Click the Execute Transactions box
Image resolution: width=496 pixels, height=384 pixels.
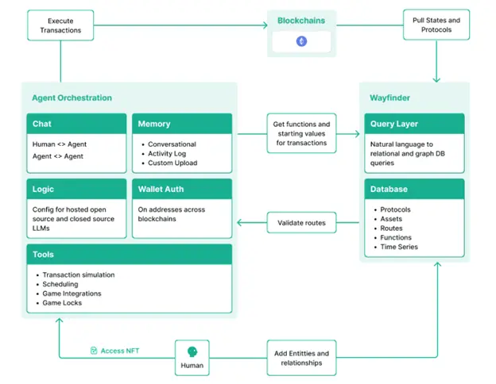click(x=60, y=25)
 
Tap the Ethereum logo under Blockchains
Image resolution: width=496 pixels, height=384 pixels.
click(x=301, y=41)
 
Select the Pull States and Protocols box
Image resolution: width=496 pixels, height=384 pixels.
click(x=436, y=25)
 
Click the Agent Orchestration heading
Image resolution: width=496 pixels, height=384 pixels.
click(x=72, y=98)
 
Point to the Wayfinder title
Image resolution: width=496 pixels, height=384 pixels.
click(x=389, y=98)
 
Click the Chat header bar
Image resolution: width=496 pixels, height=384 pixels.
click(x=76, y=124)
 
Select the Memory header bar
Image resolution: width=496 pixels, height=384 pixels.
click(x=182, y=124)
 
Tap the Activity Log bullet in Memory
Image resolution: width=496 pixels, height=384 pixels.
click(x=167, y=153)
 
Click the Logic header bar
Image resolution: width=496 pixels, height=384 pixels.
click(x=76, y=189)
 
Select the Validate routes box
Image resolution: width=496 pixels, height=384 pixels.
click(x=301, y=223)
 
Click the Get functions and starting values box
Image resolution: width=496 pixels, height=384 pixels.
click(x=301, y=133)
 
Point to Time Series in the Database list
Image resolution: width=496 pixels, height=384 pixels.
click(x=399, y=247)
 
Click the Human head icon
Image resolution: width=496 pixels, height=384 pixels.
click(x=192, y=351)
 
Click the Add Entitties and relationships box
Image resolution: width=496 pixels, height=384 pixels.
click(x=301, y=358)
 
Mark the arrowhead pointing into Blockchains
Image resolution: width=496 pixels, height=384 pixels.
click(x=265, y=25)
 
